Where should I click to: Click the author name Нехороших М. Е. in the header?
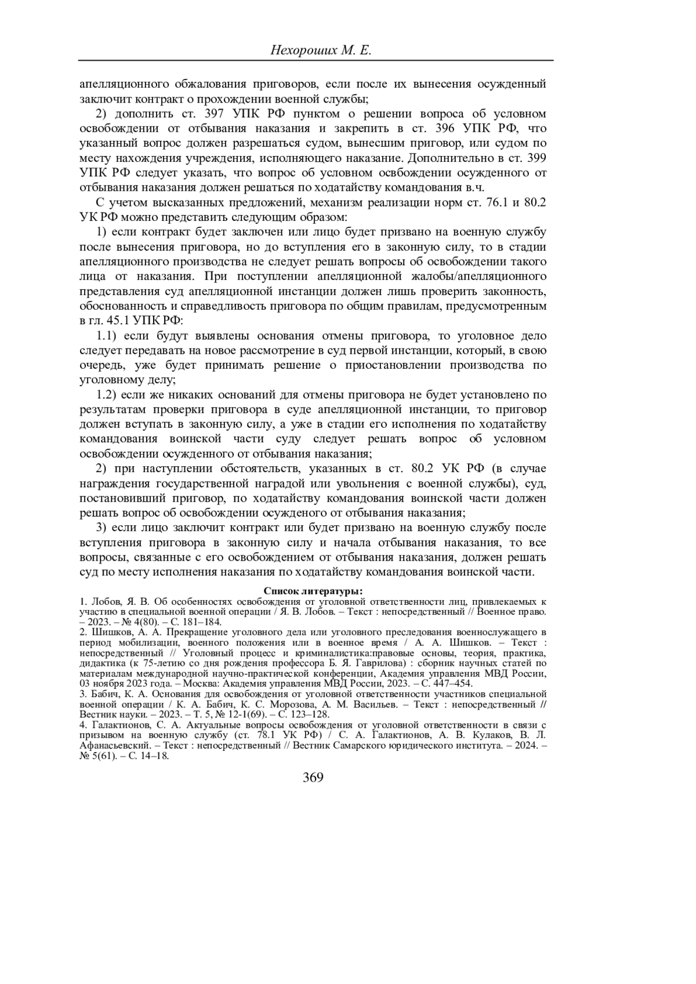tap(320, 50)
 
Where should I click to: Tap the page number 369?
tap(313, 778)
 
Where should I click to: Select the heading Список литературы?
tap(313, 591)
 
